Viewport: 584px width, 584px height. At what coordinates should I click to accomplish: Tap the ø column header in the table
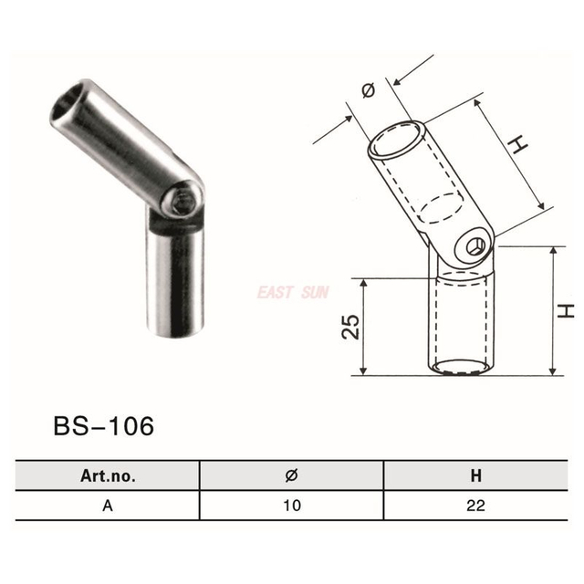coord(290,475)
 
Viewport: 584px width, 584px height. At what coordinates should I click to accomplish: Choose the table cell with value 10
coord(290,504)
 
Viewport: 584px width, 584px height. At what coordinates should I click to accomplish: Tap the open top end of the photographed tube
coord(75,103)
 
